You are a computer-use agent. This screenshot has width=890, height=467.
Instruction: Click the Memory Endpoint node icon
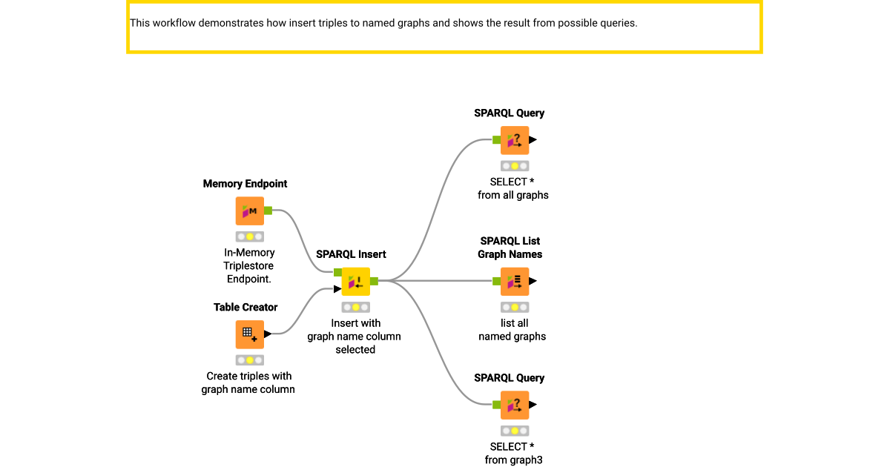tap(249, 211)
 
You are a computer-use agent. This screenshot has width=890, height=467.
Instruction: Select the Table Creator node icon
tap(249, 334)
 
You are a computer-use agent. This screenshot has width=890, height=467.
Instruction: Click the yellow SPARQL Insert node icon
tap(355, 282)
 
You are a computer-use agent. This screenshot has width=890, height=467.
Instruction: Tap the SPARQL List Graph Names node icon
tap(514, 282)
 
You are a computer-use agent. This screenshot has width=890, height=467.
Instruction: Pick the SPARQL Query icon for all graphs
tap(514, 140)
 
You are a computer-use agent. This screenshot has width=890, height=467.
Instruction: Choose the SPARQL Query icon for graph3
tap(514, 405)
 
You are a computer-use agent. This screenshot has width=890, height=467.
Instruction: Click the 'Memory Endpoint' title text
tap(245, 184)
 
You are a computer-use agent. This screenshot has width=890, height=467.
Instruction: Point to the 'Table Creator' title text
tap(245, 307)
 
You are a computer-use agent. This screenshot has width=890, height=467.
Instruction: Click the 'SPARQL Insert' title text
tap(351, 254)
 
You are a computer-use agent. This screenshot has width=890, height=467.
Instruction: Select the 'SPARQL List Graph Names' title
tap(510, 248)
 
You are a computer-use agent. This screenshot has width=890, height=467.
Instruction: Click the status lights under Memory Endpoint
tap(249, 237)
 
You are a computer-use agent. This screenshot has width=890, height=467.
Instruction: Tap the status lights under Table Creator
tap(249, 360)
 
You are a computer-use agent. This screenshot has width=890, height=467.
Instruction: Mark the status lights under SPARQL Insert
tap(355, 308)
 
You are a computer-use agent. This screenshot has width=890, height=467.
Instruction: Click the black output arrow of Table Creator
tap(268, 334)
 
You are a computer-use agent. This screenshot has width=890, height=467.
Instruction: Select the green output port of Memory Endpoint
tap(268, 211)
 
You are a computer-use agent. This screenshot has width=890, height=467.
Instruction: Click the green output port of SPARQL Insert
tap(374, 281)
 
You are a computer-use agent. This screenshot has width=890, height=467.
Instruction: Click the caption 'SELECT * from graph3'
tap(513, 453)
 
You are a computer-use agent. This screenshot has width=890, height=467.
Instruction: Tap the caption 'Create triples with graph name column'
tap(248, 382)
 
